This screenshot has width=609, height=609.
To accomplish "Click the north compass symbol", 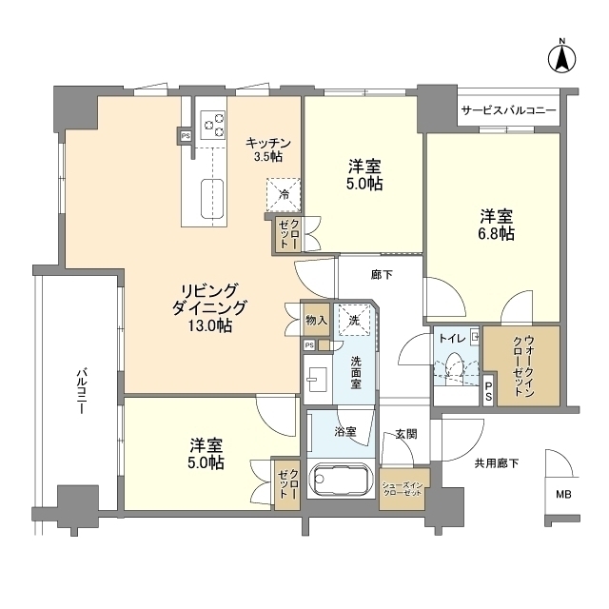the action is click(x=561, y=58).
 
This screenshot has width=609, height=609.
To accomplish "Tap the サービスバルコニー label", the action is click(x=508, y=110).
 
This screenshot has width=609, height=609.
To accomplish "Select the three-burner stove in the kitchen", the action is click(x=212, y=125).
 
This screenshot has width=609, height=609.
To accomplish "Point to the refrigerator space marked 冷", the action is click(x=284, y=195).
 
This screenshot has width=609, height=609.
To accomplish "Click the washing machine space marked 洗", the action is click(x=354, y=321).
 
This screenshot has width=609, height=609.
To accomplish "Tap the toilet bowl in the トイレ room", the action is click(x=452, y=366).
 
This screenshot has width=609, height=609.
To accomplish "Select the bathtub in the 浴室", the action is click(x=341, y=479).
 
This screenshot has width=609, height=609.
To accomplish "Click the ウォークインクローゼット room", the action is click(x=521, y=365).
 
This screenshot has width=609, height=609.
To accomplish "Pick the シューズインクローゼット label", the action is click(x=403, y=489).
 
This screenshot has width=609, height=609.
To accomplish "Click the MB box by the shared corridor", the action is click(x=562, y=495).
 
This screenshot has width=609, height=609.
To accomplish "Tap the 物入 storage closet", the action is click(x=316, y=321).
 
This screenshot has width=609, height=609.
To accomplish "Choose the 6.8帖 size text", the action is click(x=497, y=234).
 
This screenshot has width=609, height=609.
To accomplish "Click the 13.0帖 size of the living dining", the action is click(x=210, y=325).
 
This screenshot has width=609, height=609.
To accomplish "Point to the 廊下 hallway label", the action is click(x=382, y=275).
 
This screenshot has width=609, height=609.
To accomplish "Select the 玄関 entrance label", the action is click(x=406, y=434).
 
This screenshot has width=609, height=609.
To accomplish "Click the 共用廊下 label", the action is click(x=497, y=463).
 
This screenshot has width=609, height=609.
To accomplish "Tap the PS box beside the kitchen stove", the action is click(x=186, y=136).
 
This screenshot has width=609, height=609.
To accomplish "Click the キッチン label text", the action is click(x=268, y=143).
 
